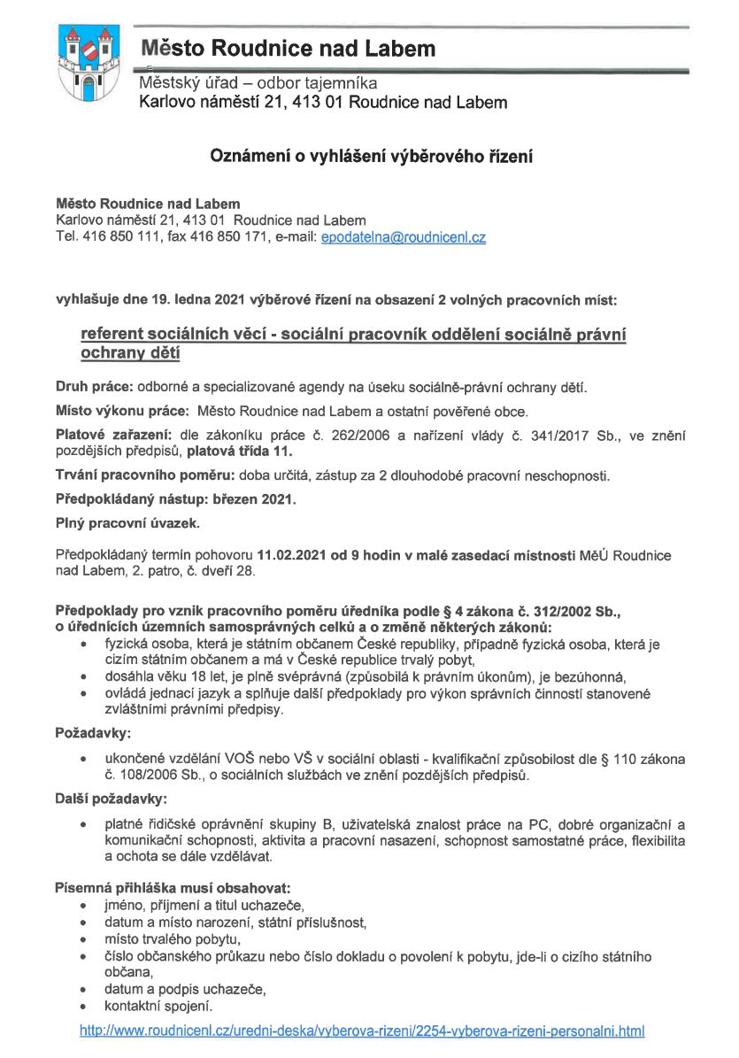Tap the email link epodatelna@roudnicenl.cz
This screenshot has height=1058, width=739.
[x=403, y=237]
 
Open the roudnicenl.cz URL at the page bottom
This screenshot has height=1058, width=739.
[x=362, y=1031]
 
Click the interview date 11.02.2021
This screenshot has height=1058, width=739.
[x=289, y=555]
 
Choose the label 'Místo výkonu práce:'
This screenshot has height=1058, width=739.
[x=121, y=411]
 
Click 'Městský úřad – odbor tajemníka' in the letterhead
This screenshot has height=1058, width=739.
[x=258, y=84]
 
